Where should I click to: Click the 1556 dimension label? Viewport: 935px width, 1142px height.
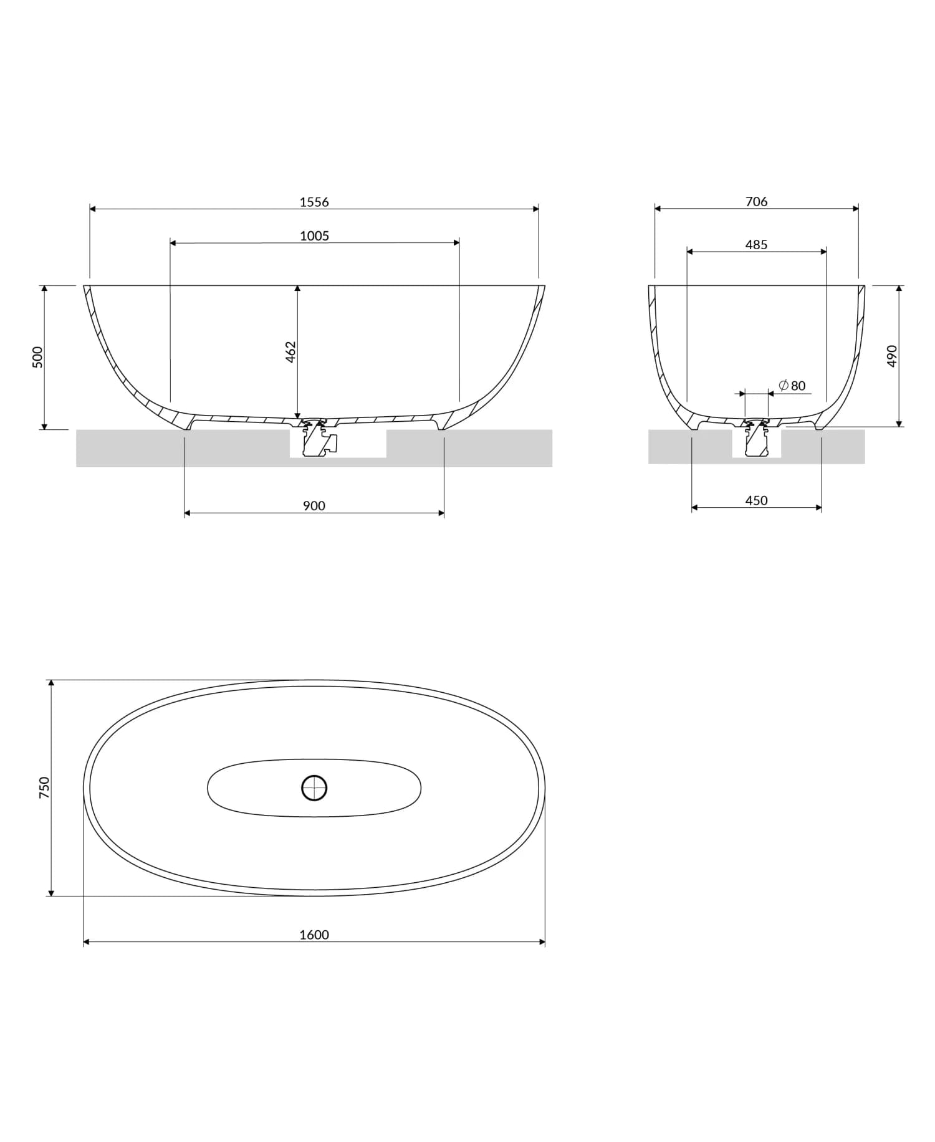coord(314,202)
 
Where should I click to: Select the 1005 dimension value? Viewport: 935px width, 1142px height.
coord(314,236)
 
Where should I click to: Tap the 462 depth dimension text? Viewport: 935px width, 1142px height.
coord(290,352)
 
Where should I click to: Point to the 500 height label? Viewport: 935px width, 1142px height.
coord(37,357)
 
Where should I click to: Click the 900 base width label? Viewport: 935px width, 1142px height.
coord(314,506)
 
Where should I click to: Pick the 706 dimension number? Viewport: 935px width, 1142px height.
coord(756,201)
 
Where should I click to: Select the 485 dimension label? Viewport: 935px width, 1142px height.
coord(756,245)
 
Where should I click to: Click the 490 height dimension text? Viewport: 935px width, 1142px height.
coord(891,356)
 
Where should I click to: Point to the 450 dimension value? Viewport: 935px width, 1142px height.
coord(756,500)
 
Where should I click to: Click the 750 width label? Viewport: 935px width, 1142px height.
coord(44,788)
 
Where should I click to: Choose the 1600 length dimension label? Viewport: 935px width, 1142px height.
coord(314,935)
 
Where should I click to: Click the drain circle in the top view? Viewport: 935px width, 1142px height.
coord(314,788)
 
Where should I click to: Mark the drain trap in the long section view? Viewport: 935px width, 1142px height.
coord(318,439)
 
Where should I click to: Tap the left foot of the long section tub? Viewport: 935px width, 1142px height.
coord(189,425)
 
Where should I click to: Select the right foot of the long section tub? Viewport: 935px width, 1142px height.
coord(441,425)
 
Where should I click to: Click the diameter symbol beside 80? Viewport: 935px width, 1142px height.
coord(784,385)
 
